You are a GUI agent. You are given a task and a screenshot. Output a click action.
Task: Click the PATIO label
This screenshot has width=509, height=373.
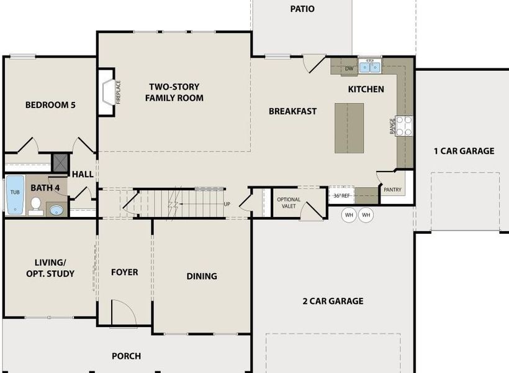point(302,9)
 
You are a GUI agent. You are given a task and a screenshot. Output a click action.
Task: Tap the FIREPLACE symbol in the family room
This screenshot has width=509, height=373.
point(107,92)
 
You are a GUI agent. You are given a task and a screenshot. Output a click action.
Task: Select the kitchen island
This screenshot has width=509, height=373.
point(349,128)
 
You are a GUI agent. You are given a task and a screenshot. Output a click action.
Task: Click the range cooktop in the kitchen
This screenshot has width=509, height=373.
point(404,126)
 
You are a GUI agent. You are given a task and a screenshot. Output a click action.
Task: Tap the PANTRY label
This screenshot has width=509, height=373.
point(392,190)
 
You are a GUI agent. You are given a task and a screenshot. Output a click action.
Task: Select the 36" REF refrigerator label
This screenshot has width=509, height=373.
point(342,195)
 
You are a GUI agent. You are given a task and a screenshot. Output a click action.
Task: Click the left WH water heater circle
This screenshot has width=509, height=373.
point(349,215)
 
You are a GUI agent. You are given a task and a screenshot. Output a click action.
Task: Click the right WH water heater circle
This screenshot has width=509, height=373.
point(366,215)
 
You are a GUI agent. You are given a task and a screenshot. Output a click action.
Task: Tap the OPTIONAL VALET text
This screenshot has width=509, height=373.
point(289,203)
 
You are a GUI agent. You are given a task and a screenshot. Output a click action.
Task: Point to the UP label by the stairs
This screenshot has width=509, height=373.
point(227,204)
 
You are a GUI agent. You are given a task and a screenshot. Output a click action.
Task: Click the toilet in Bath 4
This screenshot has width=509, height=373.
point(35,205)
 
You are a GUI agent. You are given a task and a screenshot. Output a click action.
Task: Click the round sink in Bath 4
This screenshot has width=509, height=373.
point(57,210)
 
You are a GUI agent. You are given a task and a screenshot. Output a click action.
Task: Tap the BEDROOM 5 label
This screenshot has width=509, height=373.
point(50,105)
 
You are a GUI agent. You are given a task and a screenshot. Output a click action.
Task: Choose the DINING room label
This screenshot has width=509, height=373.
point(202,276)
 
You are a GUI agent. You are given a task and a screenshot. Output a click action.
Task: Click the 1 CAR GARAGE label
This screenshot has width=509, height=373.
point(464,151)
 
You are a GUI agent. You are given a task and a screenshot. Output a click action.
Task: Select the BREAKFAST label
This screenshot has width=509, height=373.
point(292,111)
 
